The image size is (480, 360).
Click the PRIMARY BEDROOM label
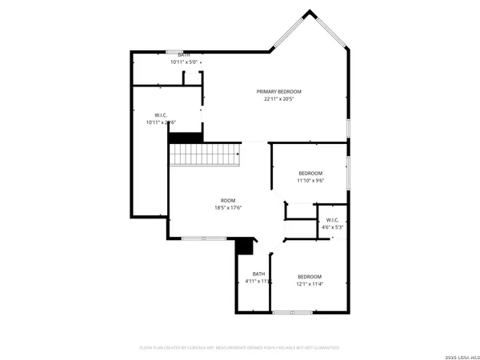point(279,92)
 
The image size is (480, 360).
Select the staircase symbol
point(206,154)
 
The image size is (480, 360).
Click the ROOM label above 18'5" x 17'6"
point(228,200)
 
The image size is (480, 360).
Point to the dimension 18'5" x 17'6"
point(228,208)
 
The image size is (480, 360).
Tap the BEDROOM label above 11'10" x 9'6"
point(310,174)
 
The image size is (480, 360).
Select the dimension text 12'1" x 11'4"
point(310,282)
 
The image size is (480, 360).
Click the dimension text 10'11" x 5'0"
point(185,62)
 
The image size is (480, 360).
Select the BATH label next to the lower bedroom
point(258,274)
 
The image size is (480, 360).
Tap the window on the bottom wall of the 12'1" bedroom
point(287,312)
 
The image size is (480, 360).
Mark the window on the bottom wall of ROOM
point(203,238)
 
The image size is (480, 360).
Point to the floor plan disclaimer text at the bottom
point(239,348)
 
